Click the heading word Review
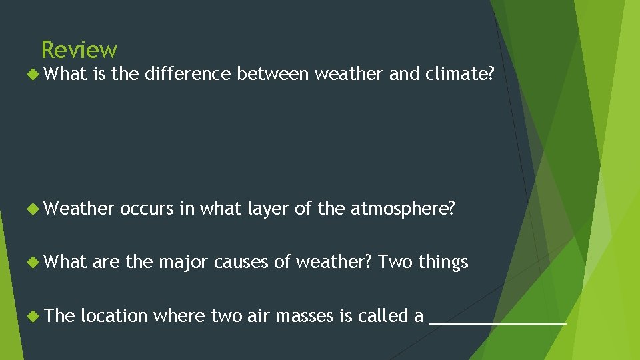click(79, 50)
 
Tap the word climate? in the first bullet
click(460, 75)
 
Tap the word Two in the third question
click(395, 263)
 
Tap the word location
click(114, 316)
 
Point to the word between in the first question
click(273, 75)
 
